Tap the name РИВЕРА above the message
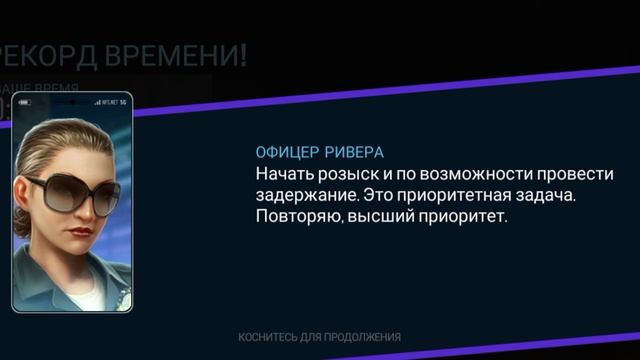coord(354,153)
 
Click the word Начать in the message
coord(282,174)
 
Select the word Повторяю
coord(298,216)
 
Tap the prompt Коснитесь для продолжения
coord(320,337)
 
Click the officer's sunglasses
coord(69,192)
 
